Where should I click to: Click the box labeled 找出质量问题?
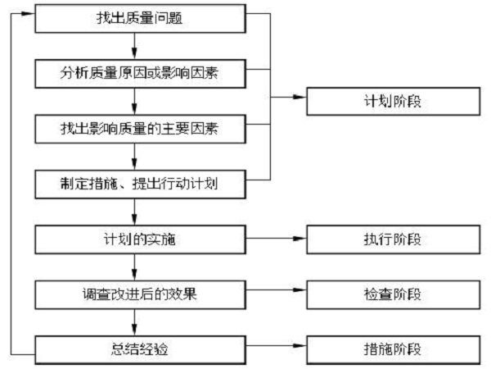(x=140, y=19)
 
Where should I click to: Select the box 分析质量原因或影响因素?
(x=140, y=74)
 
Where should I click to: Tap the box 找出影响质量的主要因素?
(x=140, y=129)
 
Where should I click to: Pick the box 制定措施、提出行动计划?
(x=140, y=184)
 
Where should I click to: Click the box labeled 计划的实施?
(x=140, y=239)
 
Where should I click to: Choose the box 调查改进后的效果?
(x=140, y=294)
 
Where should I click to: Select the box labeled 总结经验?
(x=140, y=350)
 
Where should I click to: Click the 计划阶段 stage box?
(x=394, y=102)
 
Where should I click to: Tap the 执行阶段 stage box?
(x=394, y=239)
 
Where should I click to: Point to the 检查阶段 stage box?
(x=394, y=294)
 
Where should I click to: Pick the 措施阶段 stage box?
(x=394, y=350)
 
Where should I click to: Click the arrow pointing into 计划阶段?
(x=288, y=98)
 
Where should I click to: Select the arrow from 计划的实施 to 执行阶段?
(x=277, y=239)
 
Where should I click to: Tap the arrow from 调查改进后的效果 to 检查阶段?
(x=277, y=290)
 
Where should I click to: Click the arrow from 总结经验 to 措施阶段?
(x=277, y=346)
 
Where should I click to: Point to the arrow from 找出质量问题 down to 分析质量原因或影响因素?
(x=134, y=46)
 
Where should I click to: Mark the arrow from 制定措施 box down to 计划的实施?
(x=134, y=212)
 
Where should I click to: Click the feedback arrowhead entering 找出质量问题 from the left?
(x=28, y=13)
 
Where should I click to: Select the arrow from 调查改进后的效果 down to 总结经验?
(x=134, y=322)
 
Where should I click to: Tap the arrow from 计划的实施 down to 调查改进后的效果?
(x=134, y=267)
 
